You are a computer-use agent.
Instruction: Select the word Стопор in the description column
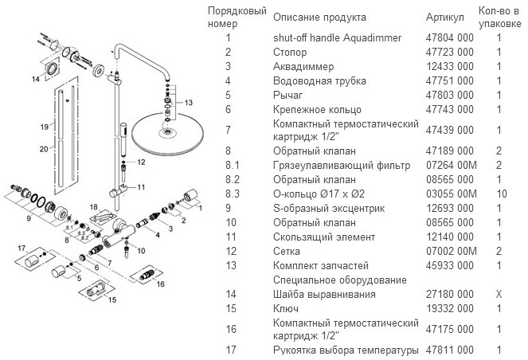289,53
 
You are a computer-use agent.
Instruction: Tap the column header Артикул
444,17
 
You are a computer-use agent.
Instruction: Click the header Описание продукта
319,17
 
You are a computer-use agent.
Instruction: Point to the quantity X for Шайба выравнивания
499,294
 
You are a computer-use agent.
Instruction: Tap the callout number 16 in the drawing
160,283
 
